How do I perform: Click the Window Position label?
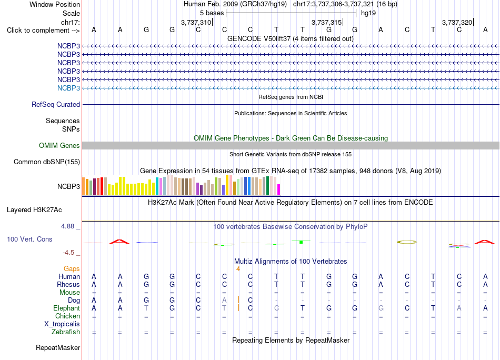pyautogui.click(x=55, y=4)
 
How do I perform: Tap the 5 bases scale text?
pyautogui.click(x=212, y=13)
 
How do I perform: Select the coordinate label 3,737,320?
pyautogui.click(x=457, y=22)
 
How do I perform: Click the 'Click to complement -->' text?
pyautogui.click(x=43, y=31)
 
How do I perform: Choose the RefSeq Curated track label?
pyautogui.click(x=56, y=104)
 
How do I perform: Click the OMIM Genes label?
pyautogui.click(x=59, y=145)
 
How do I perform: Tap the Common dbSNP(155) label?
pyautogui.click(x=46, y=162)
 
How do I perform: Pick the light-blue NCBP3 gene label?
pyautogui.click(x=68, y=88)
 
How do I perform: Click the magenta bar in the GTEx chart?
pyautogui.click(x=278, y=189)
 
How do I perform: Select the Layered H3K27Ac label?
pyautogui.click(x=34, y=210)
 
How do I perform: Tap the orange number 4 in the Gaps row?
pyautogui.click(x=238, y=269)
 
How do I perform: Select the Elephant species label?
pyautogui.click(x=66, y=308)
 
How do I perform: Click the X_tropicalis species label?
pyautogui.click(x=62, y=324)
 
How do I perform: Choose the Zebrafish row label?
pyautogui.click(x=66, y=332)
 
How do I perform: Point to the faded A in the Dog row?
pyautogui.click(x=225, y=300)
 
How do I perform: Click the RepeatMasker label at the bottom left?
pyautogui.click(x=58, y=347)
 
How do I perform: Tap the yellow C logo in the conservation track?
pyautogui.click(x=407, y=242)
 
